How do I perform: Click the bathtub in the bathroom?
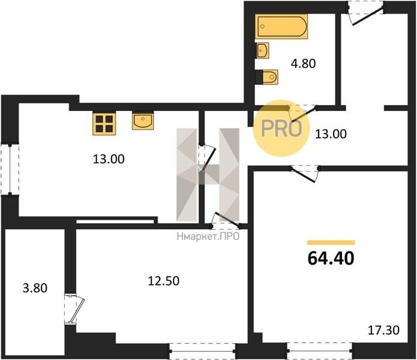point(281,26)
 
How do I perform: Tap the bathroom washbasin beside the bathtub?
point(263,50)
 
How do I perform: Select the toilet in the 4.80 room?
point(269,77)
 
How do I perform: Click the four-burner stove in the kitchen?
point(104,124)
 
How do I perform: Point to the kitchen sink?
point(143,121)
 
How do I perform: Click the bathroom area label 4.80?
point(303,64)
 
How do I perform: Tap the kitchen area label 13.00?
point(109,159)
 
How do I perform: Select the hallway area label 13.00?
point(331,134)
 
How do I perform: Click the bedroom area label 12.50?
point(164,281)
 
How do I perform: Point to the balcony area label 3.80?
point(35,288)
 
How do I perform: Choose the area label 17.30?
point(383,330)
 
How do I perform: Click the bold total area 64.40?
point(331,258)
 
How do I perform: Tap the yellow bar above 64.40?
point(331,242)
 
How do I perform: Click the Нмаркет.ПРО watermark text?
point(208,236)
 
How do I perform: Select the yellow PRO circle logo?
point(281,128)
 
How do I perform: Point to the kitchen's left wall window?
point(10,170)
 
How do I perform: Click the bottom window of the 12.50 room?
point(203,351)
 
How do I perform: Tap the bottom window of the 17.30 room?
point(320,351)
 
